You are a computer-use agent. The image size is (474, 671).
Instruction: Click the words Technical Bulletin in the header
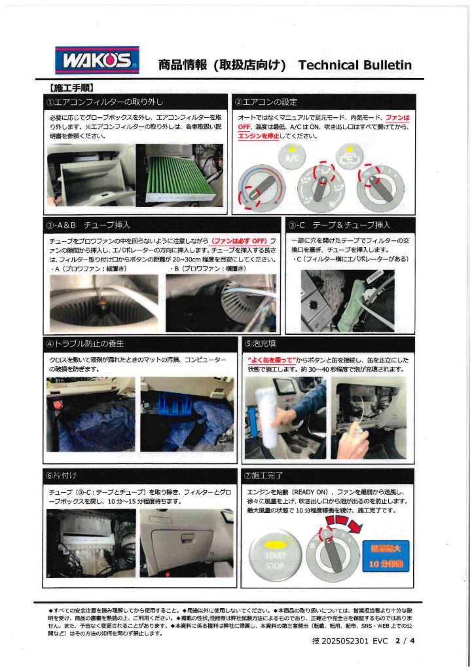pos(354,65)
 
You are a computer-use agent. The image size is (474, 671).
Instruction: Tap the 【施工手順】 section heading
pos(73,86)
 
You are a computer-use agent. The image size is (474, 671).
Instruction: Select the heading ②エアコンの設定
pos(271,102)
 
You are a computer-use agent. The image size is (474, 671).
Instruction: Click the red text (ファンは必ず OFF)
pos(236,242)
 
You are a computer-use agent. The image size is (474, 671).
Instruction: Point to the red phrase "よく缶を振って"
pos(270,360)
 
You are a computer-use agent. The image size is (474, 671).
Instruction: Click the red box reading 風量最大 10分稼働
pos(390,554)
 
